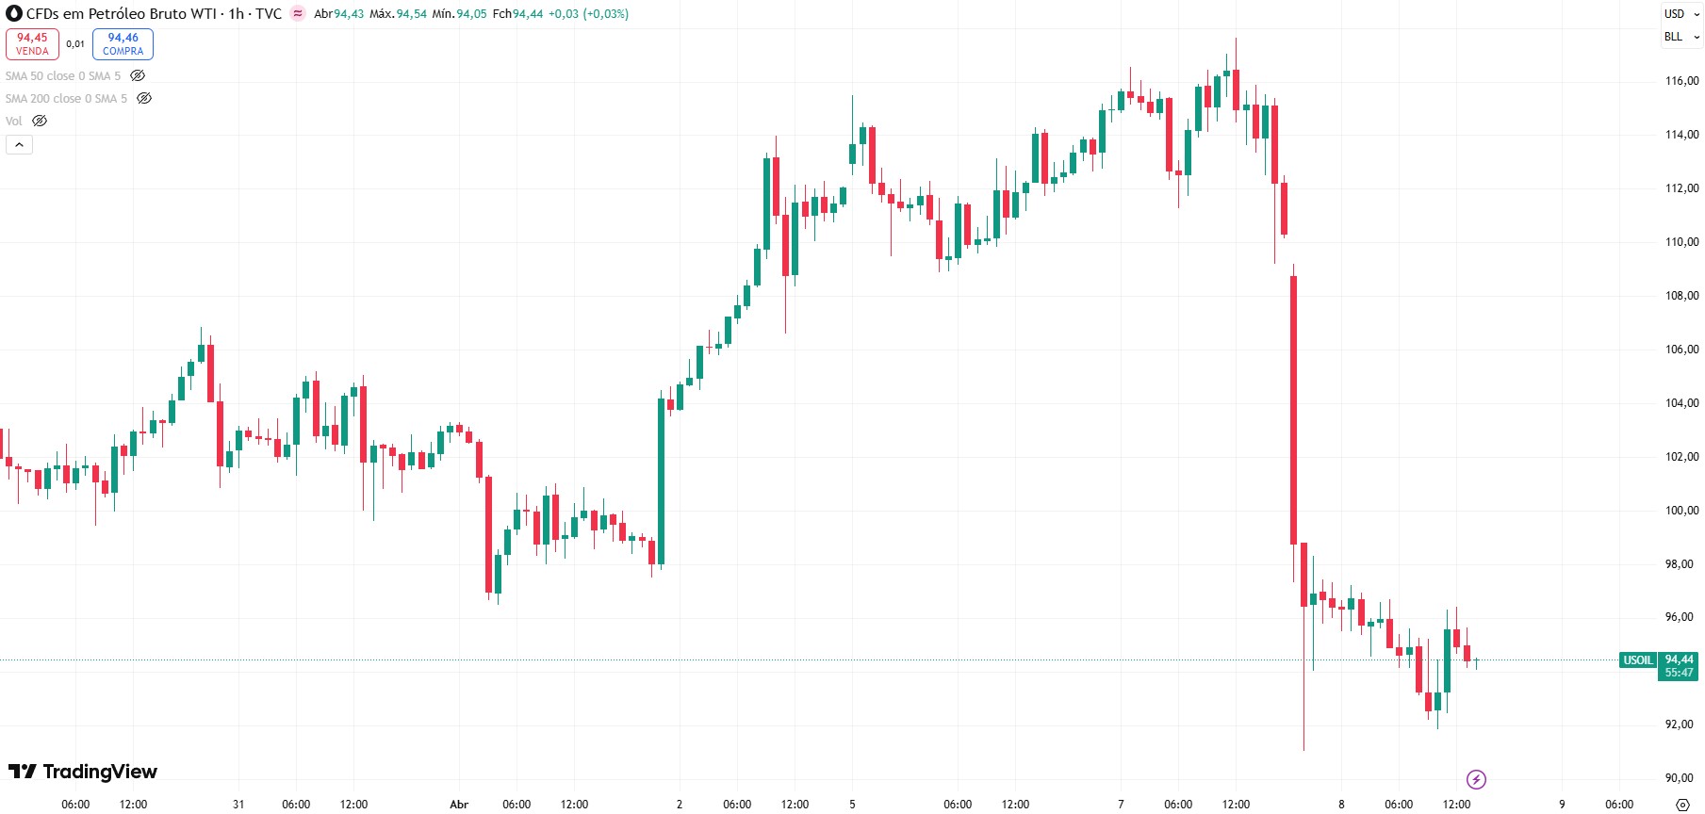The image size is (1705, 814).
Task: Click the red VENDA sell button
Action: pos(32,44)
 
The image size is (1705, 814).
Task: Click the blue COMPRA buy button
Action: pos(123,44)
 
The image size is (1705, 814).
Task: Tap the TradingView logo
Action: pos(83,772)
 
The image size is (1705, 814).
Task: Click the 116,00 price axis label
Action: pos(1681,81)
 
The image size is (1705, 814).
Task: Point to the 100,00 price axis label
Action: pos(1681,511)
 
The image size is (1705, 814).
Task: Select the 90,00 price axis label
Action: pos(1681,778)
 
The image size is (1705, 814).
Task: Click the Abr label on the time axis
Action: pos(459,805)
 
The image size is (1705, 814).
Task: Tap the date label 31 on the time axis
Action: pos(238,805)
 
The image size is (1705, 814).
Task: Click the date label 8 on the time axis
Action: pos(1341,805)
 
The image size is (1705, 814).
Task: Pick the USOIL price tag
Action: pos(1638,660)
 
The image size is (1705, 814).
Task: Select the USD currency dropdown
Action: pos(1680,14)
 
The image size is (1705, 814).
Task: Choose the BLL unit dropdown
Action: pos(1680,37)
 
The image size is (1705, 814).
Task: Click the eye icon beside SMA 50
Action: pos(138,75)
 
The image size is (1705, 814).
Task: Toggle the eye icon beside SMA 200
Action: pos(144,98)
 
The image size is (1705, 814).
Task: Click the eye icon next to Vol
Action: pos(40,121)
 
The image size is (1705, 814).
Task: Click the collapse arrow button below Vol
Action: pos(19,144)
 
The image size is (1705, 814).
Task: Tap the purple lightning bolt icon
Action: pos(1476,779)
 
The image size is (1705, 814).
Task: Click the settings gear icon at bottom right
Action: pos(1682,805)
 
